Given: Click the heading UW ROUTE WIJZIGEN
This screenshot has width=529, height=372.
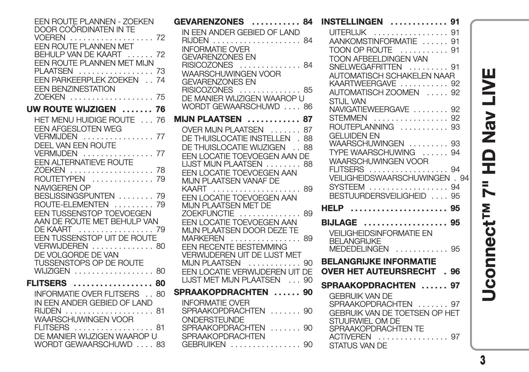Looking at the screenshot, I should pyautogui.click(x=71, y=109).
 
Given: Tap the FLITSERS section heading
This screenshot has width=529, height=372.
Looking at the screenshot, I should pyautogui.click(x=46, y=283).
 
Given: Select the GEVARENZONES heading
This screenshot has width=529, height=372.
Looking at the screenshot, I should pyautogui.click(x=209, y=22).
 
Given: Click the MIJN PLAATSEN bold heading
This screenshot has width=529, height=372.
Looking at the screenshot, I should pyautogui.click(x=208, y=119).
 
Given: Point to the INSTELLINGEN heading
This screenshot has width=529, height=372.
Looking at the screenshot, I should pyautogui.click(x=352, y=22).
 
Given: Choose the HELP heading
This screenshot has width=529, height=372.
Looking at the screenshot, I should pyautogui.click(x=332, y=208).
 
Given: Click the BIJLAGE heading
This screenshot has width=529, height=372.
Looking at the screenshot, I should pyautogui.click(x=339, y=223).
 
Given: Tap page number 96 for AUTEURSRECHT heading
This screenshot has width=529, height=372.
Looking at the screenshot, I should pyautogui.click(x=455, y=272).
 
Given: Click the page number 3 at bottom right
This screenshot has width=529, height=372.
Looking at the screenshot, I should pyautogui.click(x=483, y=360).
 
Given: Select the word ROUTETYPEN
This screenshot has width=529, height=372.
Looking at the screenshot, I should pyautogui.click(x=59, y=179).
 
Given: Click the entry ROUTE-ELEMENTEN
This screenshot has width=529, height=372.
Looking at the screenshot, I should pyautogui.click(x=71, y=205).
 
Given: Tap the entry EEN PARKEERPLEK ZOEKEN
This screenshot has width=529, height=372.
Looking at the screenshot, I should pyautogui.click(x=86, y=80).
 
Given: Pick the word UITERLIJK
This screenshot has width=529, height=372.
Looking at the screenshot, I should pyautogui.click(x=347, y=33).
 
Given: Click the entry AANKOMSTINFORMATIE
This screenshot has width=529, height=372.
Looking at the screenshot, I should pyautogui.click(x=373, y=41).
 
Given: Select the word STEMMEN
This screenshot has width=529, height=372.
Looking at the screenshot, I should pyautogui.click(x=348, y=118).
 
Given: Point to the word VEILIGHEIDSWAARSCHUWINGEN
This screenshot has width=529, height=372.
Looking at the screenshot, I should pyautogui.click(x=389, y=178).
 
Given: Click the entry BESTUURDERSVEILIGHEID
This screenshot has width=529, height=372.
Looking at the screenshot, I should pyautogui.click(x=377, y=196).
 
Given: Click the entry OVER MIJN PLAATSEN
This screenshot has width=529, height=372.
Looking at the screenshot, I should pyautogui.click(x=222, y=130).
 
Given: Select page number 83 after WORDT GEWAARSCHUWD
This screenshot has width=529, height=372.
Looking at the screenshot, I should pyautogui.click(x=160, y=344).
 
